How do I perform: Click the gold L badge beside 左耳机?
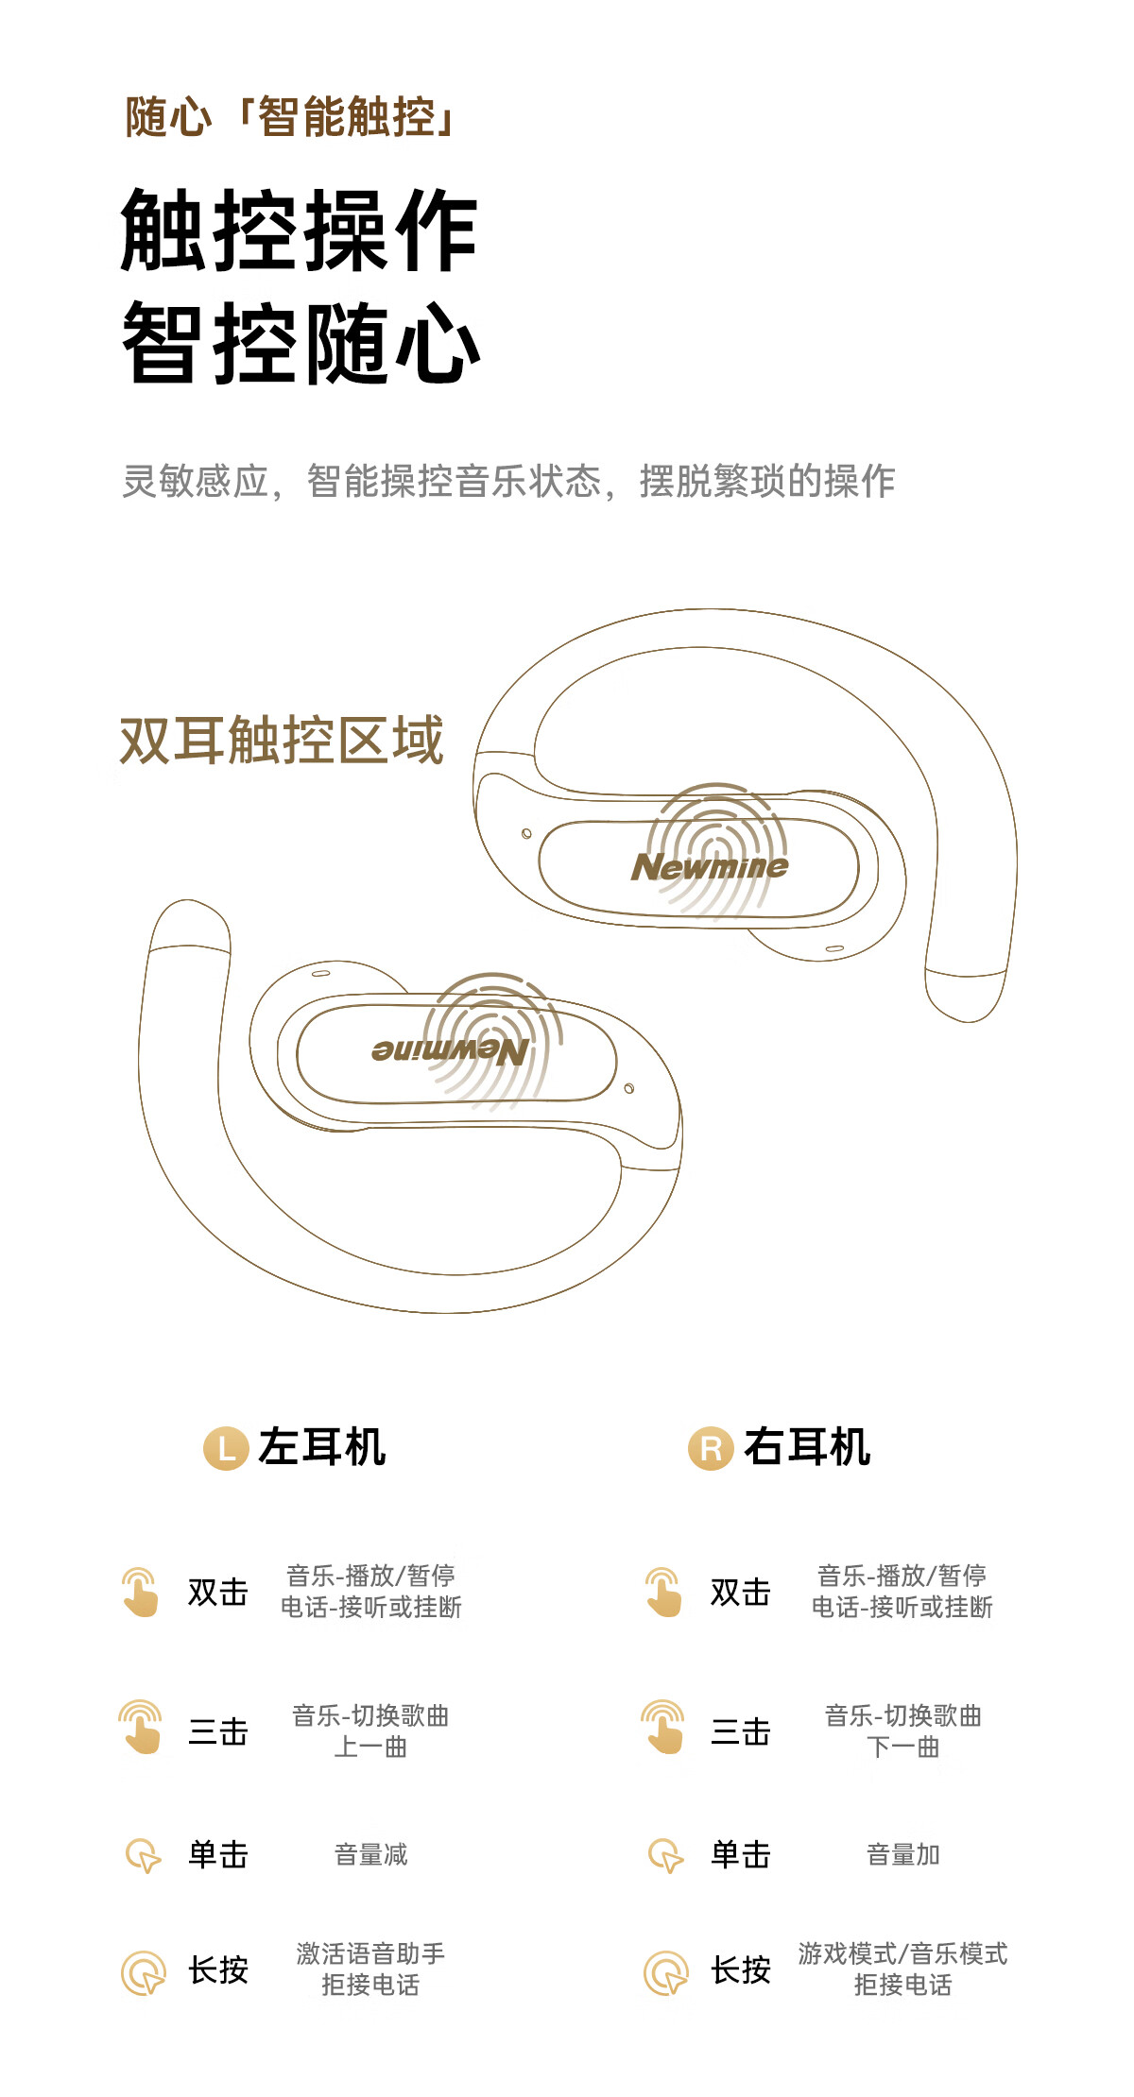[226, 1448]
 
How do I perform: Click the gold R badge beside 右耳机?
[711, 1448]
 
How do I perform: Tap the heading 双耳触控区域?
[282, 740]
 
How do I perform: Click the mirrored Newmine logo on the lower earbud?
[450, 1050]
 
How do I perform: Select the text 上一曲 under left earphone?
[370, 1747]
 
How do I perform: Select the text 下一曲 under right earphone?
[902, 1747]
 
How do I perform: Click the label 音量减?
[370, 1854]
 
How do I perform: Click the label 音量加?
[902, 1854]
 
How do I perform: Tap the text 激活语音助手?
[370, 1952]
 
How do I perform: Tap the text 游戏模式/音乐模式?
[902, 1952]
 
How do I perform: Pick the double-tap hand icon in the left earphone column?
[141, 1592]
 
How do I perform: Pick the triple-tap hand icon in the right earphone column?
[663, 1728]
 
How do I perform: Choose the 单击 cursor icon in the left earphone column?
[143, 1855]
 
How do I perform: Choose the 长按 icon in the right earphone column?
[666, 1972]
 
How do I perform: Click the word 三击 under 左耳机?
[218, 1731]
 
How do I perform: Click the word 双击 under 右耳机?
[741, 1592]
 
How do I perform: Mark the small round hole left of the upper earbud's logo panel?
[526, 833]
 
